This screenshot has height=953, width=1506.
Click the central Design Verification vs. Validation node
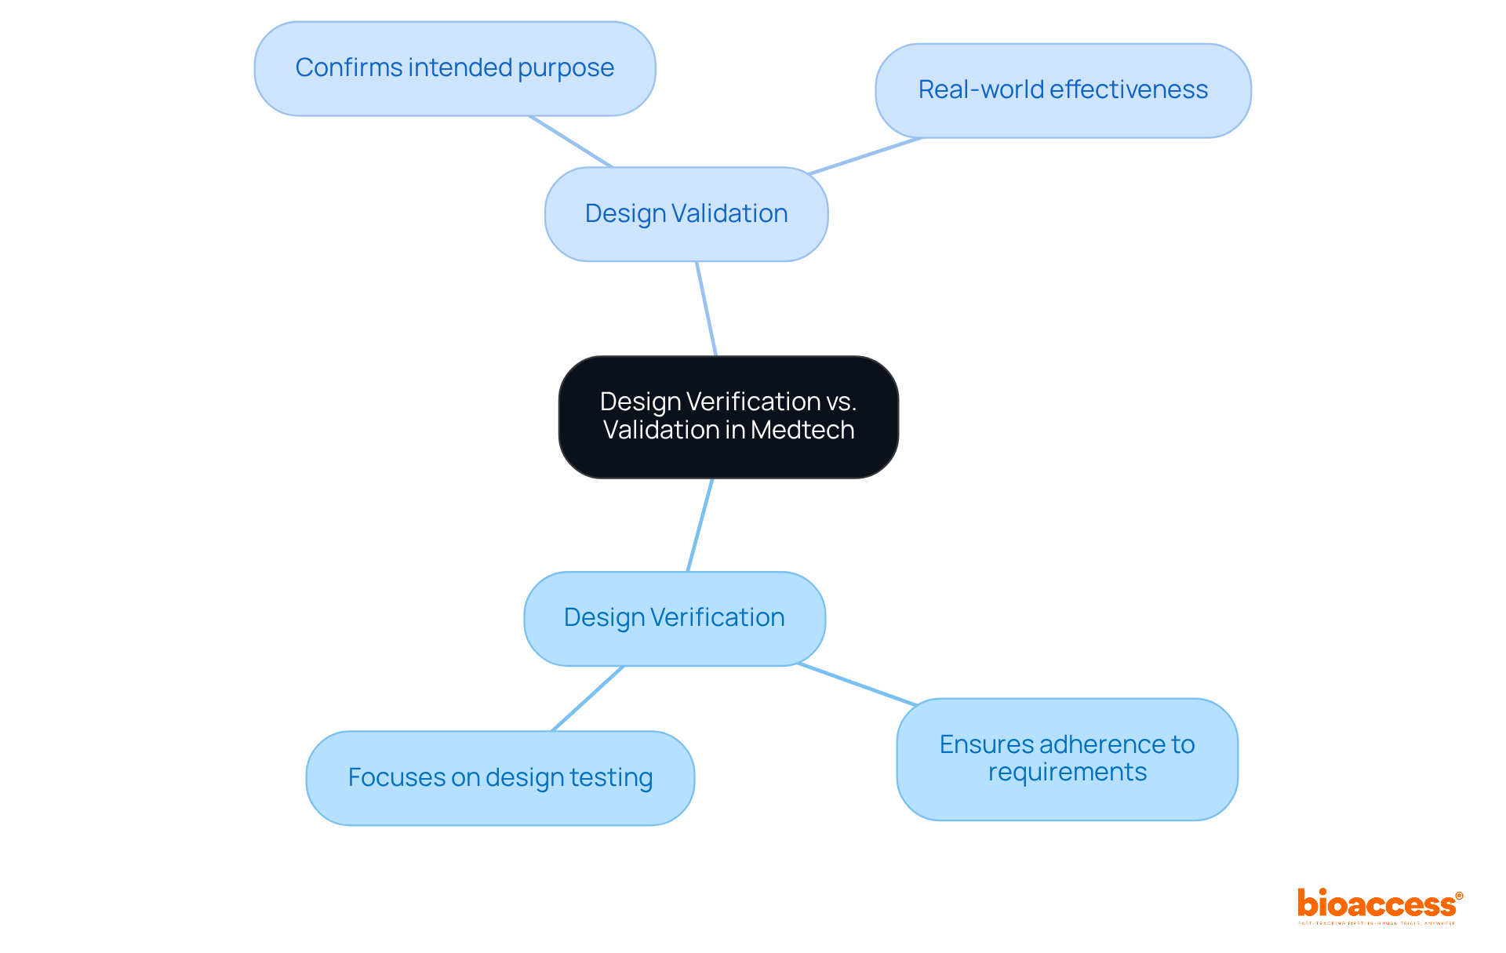[728, 416]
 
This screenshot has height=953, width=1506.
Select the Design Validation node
[686, 213]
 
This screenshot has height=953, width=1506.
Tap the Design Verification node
[674, 618]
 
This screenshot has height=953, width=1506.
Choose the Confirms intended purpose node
[454, 68]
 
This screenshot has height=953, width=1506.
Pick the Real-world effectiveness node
[1063, 90]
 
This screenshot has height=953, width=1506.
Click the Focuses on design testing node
[500, 777]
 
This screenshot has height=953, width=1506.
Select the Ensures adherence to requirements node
[1067, 758]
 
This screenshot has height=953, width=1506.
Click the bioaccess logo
[1377, 905]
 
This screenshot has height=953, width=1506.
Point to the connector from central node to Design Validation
[706, 308]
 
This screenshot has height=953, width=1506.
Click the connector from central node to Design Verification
[700, 525]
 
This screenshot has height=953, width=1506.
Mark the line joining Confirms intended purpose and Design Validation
[570, 141]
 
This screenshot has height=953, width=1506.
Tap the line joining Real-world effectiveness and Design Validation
[865, 155]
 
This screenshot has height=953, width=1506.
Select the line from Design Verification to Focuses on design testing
[588, 698]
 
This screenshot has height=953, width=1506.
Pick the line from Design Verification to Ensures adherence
[857, 684]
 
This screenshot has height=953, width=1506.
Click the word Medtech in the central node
[802, 430]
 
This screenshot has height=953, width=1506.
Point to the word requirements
[1067, 773]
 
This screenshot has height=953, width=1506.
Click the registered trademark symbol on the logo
[1459, 896]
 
